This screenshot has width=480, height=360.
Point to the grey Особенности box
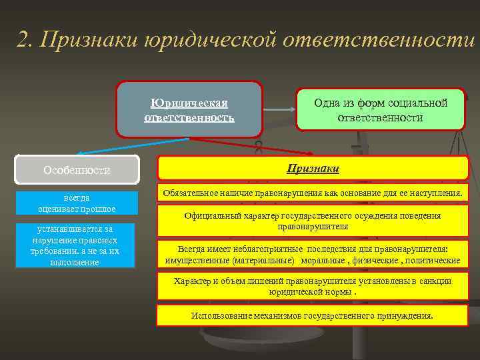[77, 169]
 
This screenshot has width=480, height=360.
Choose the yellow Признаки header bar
[313, 169]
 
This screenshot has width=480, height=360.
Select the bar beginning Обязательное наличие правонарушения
[313, 193]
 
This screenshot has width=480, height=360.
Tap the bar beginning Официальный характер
[313, 221]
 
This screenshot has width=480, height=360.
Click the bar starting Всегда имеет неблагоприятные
[313, 254]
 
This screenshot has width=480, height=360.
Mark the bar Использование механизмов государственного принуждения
[313, 315]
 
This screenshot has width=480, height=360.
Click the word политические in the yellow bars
[434, 259]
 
